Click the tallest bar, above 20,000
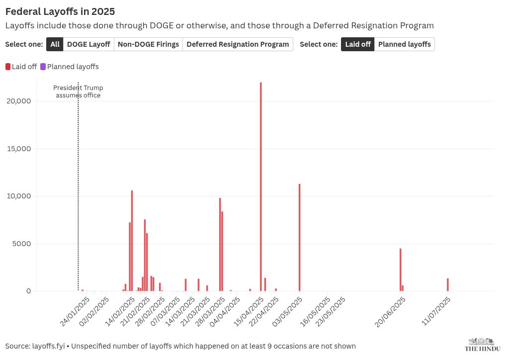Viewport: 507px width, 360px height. [x=261, y=186]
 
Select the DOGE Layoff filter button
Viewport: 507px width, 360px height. [x=88, y=44]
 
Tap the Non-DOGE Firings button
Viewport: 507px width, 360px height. [x=149, y=44]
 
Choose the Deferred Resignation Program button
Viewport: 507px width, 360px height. [x=238, y=44]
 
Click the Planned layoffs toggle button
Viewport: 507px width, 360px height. [x=405, y=44]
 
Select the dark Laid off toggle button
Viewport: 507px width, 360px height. [x=357, y=44]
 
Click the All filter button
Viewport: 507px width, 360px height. [x=55, y=44]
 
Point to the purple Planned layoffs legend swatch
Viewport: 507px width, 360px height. [x=43, y=67]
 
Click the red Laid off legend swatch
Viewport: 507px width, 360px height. [x=8, y=67]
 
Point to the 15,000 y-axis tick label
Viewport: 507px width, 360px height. [x=19, y=149]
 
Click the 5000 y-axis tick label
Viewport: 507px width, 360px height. [x=22, y=244]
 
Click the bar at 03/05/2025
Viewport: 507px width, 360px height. [x=299, y=237]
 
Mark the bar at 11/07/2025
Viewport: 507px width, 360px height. [x=448, y=284]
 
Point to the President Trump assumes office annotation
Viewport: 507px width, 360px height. [x=78, y=91]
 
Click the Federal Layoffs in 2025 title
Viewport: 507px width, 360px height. [x=60, y=11]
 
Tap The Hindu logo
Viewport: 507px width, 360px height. [x=483, y=345]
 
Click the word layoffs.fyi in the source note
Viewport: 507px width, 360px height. [x=49, y=346]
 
